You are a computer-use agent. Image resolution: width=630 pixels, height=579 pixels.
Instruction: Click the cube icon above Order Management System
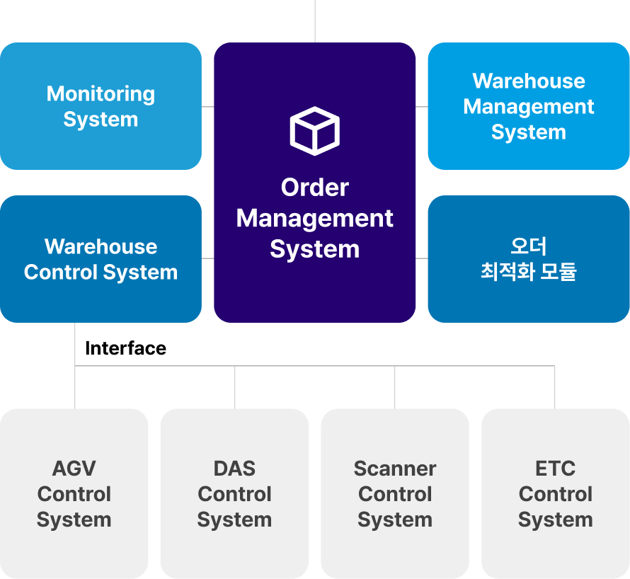(314, 130)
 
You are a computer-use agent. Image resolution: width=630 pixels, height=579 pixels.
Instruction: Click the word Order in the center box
(314, 188)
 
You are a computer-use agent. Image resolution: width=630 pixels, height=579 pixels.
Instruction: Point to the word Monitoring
(101, 94)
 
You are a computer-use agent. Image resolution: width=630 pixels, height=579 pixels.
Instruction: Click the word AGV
(74, 469)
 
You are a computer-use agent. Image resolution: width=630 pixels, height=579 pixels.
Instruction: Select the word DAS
(234, 469)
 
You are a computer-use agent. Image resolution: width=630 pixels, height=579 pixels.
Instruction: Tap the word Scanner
(395, 469)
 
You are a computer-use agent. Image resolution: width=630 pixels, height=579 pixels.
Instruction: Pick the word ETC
(556, 469)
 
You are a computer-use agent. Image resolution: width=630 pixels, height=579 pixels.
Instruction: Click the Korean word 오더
(528, 246)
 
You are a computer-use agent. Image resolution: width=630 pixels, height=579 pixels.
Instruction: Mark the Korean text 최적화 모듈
(528, 272)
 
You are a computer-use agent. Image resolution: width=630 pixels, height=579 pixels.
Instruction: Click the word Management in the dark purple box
(314, 219)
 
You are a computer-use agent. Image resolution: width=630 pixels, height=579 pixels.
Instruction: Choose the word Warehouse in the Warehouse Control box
(101, 246)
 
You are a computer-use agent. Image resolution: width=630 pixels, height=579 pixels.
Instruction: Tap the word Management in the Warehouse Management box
(528, 107)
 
